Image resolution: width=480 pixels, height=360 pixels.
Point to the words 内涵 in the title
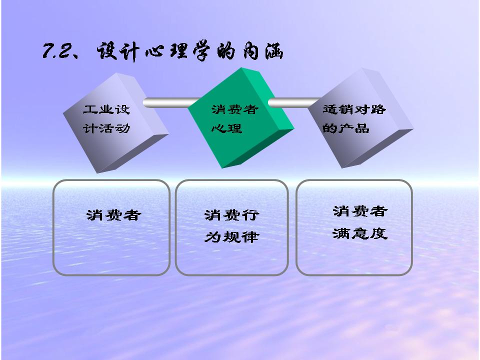pos(263,51)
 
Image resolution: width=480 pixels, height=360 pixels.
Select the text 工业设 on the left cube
pos(106,109)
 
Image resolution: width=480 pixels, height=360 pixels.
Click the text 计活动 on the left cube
pos(106,128)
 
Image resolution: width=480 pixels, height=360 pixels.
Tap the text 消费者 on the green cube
pos(235,109)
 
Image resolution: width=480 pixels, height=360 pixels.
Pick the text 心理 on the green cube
pos(227,128)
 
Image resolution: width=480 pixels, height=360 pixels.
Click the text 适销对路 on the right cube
pos(354,109)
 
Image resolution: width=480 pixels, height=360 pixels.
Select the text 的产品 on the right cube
pos(346,128)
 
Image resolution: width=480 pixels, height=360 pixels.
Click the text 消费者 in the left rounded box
pos(113,215)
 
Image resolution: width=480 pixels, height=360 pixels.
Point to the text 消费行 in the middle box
pos(231,215)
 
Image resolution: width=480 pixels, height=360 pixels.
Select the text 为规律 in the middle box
pos(231,236)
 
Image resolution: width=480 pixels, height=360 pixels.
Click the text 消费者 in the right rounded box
pos(360,211)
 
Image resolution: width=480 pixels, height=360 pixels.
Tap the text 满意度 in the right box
pos(360,233)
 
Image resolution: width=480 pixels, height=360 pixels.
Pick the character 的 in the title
pos(226,51)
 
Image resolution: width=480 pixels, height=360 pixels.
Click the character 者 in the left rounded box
pos(131,215)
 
